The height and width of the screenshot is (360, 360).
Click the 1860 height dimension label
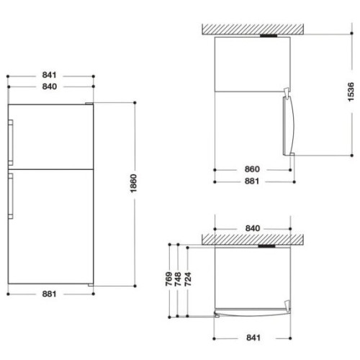click(133, 183)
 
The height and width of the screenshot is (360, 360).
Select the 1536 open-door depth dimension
click(351, 91)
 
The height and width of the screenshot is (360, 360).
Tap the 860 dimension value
click(252, 169)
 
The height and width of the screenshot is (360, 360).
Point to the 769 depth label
click(169, 279)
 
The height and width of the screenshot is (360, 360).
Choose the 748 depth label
click(178, 279)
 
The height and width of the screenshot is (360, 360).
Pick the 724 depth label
click(188, 279)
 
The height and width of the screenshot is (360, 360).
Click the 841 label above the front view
click(50, 75)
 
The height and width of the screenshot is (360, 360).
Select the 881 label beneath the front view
click(49, 294)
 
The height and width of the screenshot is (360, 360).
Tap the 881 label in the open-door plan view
click(252, 181)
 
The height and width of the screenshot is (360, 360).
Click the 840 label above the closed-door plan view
click(253, 228)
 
